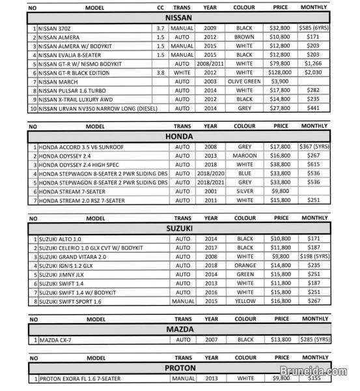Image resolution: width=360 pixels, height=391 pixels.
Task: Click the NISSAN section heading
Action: [x=179, y=18]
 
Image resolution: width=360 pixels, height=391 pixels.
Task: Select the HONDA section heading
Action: [x=179, y=138]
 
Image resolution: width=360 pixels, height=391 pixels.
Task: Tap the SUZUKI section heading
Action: [x=179, y=229]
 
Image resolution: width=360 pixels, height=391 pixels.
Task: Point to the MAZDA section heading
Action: [x=179, y=330]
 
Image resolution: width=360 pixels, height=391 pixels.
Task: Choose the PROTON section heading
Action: [x=179, y=368]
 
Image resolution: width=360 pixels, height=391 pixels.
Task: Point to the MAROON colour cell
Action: [x=244, y=156]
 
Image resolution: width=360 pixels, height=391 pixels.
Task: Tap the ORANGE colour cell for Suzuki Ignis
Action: [x=244, y=266]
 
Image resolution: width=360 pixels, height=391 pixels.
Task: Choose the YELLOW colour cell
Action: [x=244, y=302]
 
